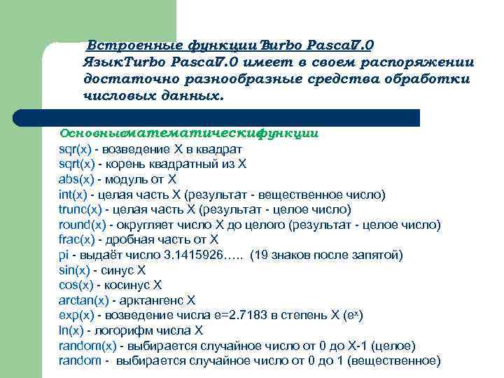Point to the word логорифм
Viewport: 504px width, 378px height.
pyautogui.click(x=122, y=330)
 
